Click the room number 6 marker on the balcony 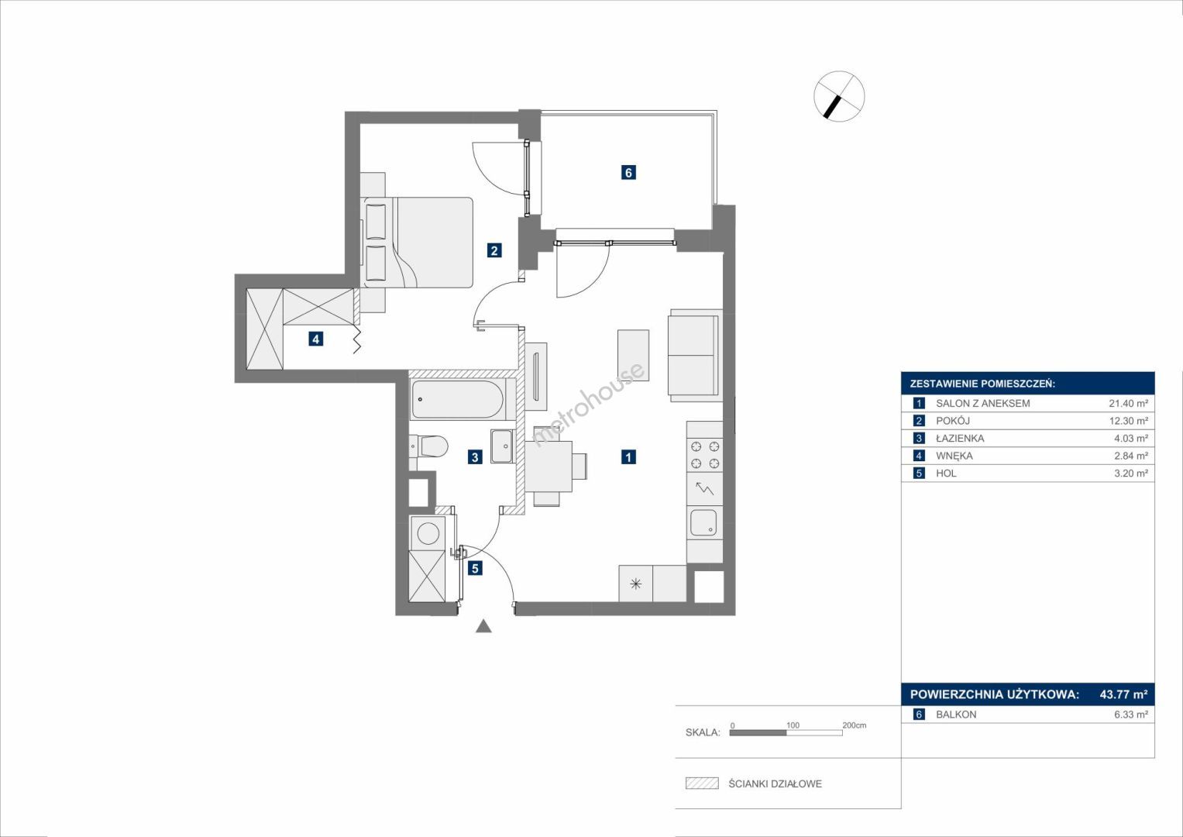(628, 172)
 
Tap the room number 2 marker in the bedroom (493, 250)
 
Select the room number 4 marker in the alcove (316, 339)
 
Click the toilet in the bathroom (429, 446)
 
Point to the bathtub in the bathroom (458, 399)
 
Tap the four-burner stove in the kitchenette (704, 455)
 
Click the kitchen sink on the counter (703, 522)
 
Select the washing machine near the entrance (428, 533)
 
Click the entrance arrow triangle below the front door (483, 626)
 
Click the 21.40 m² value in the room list (1129, 403)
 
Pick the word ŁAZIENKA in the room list (960, 438)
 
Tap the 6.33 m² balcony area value (1131, 715)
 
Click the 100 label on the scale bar (793, 725)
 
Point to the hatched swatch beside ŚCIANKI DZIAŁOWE (702, 783)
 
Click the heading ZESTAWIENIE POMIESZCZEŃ (982, 384)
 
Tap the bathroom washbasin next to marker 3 (502, 446)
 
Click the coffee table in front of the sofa (633, 355)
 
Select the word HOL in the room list (946, 473)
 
